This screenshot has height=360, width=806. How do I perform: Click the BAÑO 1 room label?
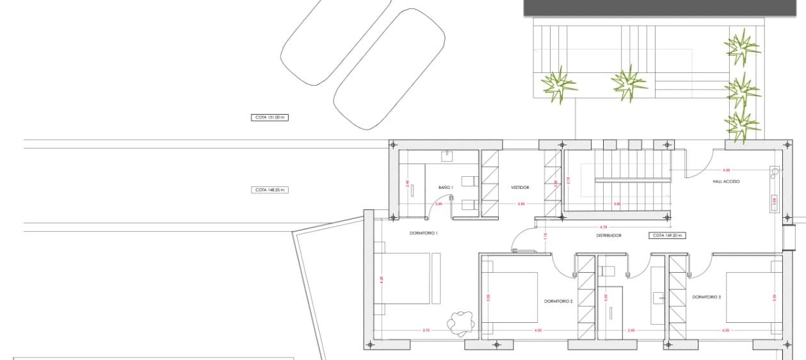(x=446, y=187)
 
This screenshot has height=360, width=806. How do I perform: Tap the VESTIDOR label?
(x=520, y=188)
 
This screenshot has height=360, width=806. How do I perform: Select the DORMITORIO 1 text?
(x=424, y=233)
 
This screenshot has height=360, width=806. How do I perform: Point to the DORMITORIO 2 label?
(x=558, y=301)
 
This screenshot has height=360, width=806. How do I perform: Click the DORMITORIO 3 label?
(x=707, y=297)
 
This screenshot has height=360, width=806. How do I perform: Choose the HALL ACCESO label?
(x=727, y=182)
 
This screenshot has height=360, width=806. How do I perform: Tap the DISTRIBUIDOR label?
(x=608, y=236)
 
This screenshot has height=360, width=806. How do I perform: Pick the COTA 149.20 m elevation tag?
(x=666, y=236)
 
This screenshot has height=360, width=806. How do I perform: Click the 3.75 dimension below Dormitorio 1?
(x=426, y=331)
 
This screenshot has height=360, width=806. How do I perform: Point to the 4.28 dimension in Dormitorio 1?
(x=382, y=279)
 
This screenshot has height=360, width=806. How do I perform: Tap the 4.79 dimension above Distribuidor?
(x=603, y=227)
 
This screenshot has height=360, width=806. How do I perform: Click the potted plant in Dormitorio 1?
(x=460, y=322)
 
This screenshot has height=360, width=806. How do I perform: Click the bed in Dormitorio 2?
(x=510, y=297)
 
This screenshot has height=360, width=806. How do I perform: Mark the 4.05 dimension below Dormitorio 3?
(x=725, y=331)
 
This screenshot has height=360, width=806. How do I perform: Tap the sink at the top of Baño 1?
(x=447, y=156)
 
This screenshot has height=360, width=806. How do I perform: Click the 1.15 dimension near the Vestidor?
(x=545, y=236)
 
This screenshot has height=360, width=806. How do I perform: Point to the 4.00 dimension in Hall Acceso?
(x=726, y=170)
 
